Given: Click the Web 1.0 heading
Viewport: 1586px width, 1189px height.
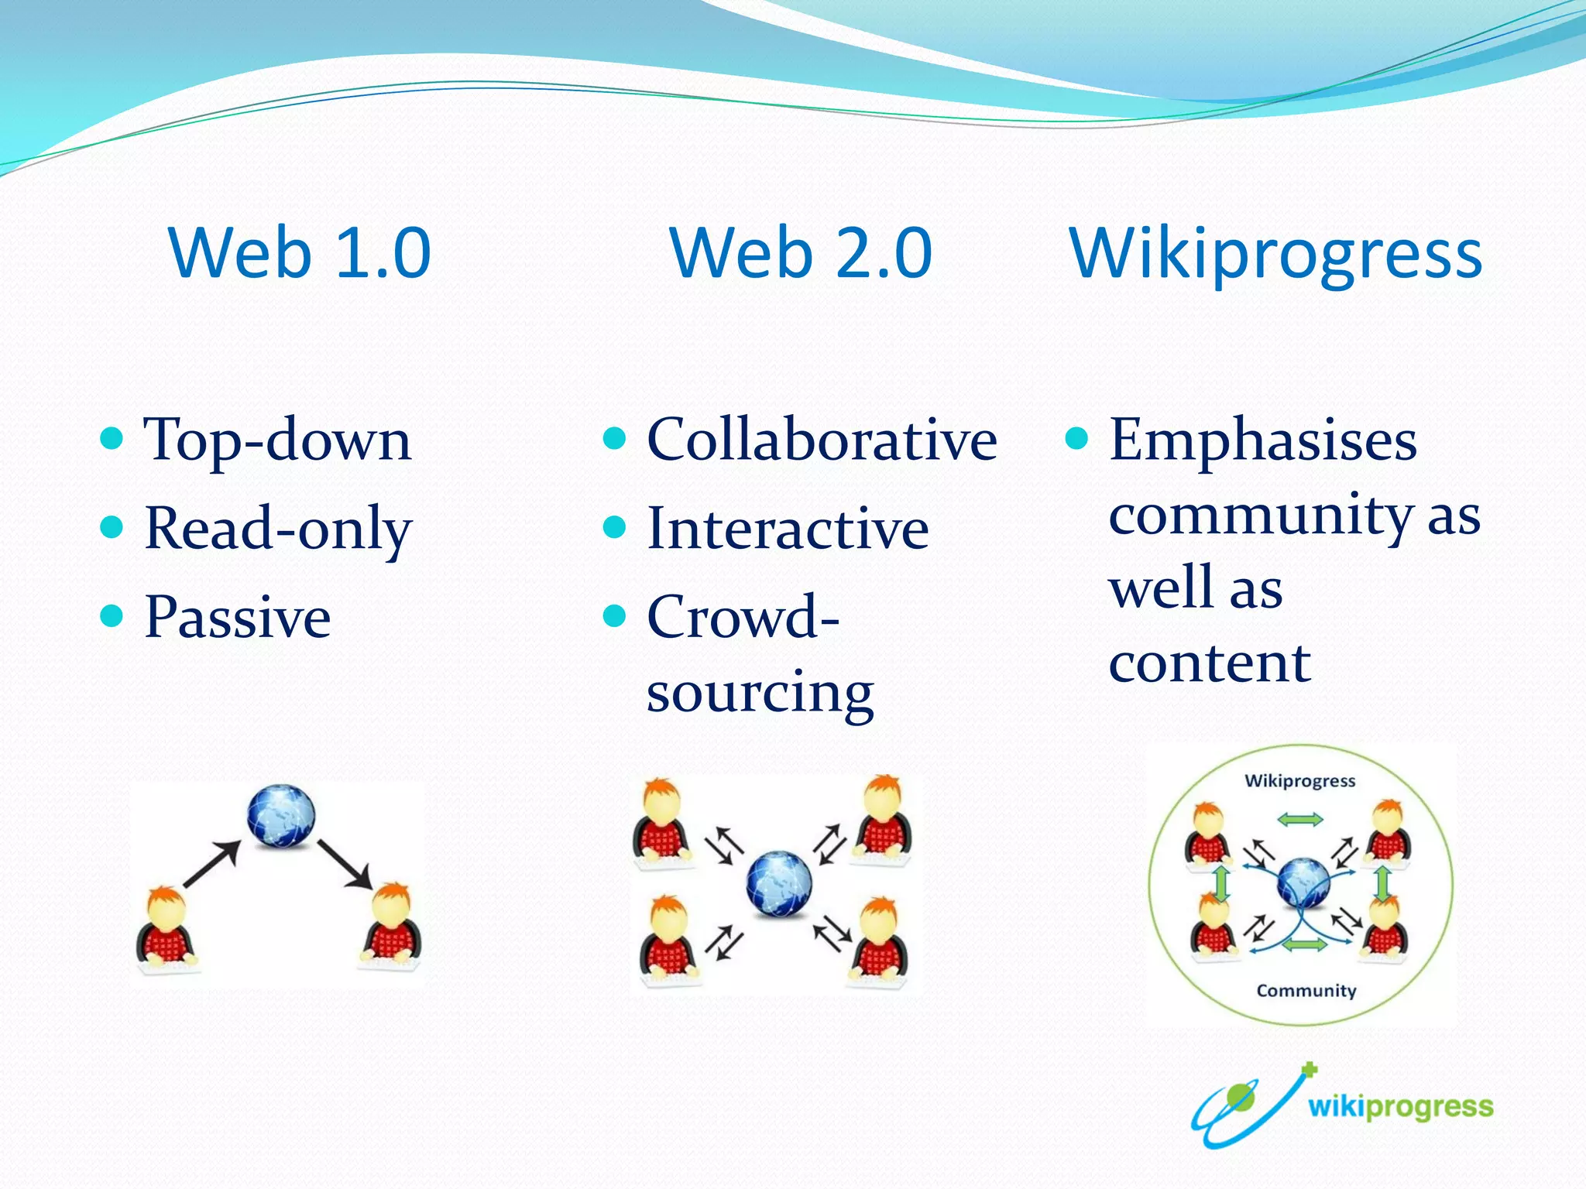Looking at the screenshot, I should (299, 253).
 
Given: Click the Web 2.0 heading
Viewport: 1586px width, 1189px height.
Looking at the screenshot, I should (801, 253).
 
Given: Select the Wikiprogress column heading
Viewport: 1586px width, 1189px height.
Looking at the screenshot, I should (1275, 253).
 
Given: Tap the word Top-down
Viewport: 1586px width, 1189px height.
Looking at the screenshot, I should (277, 440).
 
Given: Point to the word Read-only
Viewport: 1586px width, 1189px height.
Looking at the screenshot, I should (278, 529).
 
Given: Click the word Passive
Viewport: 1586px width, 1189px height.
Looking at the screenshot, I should (238, 618).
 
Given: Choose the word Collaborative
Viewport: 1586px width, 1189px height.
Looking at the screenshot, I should (822, 440).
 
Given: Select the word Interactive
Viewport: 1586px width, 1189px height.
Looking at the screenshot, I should (788, 529).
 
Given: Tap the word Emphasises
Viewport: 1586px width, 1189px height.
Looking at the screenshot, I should (1263, 440).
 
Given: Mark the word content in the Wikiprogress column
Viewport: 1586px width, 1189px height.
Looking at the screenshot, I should (1209, 663).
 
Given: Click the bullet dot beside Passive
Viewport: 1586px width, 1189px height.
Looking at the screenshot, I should (112, 616).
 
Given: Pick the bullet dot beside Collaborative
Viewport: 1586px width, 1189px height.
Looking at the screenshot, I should (614, 438).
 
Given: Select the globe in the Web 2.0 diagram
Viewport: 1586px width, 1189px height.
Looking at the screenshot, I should (779, 883).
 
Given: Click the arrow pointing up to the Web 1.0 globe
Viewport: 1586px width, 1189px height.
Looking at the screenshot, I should (211, 863).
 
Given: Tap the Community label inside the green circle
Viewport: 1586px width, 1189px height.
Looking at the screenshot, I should (1306, 991).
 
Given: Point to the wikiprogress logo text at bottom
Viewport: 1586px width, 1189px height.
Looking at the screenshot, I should (1400, 1107).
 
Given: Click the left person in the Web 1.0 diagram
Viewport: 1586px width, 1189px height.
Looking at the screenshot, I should (166, 929).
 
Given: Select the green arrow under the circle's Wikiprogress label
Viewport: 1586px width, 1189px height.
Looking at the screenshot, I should (1300, 819).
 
